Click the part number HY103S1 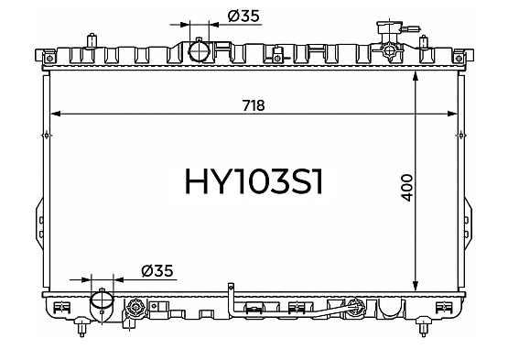[x=254, y=182]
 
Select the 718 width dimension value [x=254, y=105]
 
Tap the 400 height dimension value [x=407, y=188]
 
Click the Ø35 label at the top [x=243, y=16]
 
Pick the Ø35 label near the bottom [x=157, y=271]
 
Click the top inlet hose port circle [x=200, y=51]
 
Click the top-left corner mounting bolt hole [x=49, y=59]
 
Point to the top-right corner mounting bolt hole [x=458, y=59]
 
